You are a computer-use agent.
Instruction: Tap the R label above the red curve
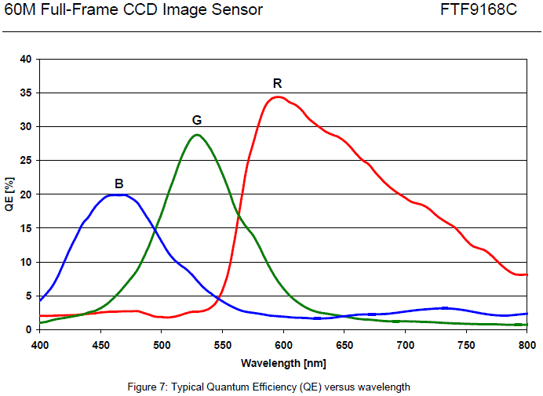277,83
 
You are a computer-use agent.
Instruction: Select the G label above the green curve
197,120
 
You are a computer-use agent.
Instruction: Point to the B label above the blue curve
118,183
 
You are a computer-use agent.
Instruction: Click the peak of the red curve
277,96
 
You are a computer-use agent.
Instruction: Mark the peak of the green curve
197,134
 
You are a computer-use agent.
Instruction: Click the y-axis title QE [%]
9,194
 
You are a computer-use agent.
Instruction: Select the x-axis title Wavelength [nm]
283,363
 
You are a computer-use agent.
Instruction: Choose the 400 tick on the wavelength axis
39,344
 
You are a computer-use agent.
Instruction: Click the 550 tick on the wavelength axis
222,344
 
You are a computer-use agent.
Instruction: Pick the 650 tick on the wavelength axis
344,344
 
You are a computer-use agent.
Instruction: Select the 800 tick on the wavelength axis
527,344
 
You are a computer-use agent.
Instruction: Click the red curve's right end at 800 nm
527,274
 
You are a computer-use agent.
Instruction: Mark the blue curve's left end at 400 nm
40,300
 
